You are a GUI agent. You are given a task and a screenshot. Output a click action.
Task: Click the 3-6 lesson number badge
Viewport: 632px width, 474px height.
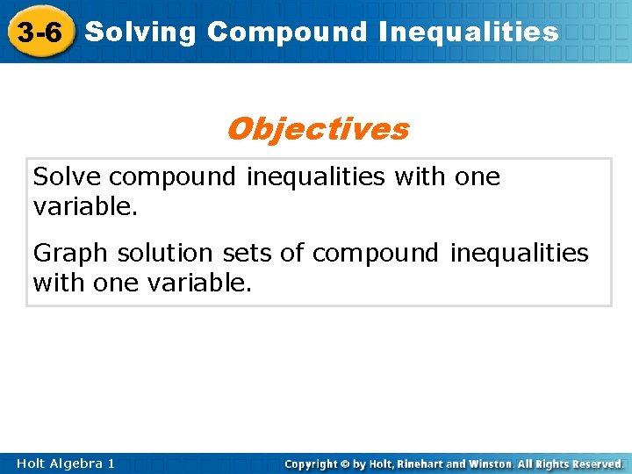point(39,32)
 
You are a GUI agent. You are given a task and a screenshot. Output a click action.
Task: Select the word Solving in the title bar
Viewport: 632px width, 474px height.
point(141,32)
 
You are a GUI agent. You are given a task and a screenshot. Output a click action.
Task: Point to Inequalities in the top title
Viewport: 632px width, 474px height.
point(469,32)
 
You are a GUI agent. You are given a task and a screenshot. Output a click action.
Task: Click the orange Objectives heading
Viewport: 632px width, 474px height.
point(317,129)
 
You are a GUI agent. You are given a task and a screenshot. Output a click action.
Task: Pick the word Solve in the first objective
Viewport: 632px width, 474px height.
point(68,177)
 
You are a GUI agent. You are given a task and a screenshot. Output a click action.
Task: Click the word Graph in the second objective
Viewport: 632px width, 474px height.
point(71,253)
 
